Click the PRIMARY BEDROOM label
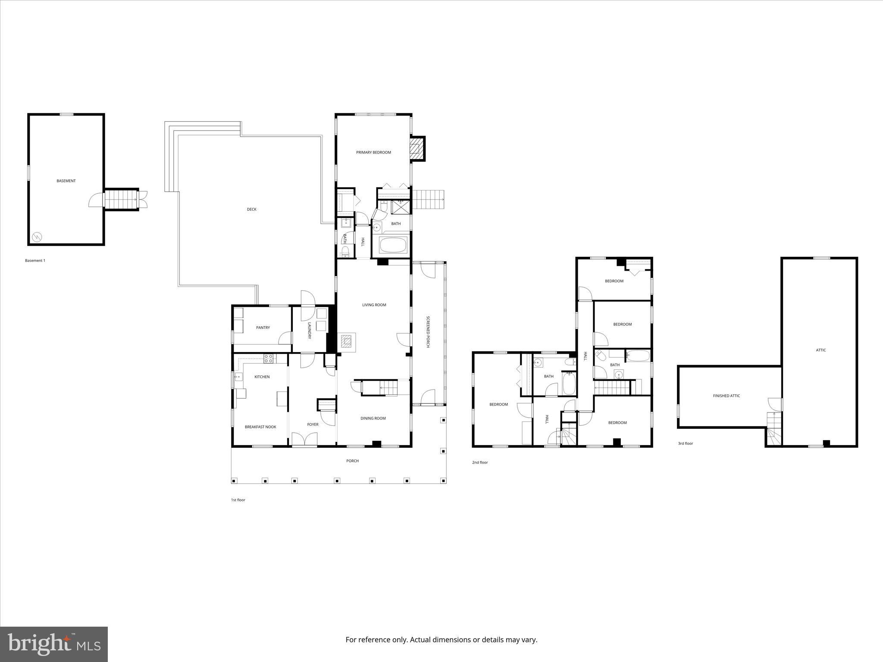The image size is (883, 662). tap(373, 152)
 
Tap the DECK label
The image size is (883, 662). tap(251, 209)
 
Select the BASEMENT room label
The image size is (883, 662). tap(66, 181)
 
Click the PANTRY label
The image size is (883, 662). tap(263, 328)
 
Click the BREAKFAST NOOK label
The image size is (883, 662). tap(260, 427)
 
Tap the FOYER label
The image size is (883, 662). tap(313, 425)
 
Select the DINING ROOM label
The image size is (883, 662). tap(373, 418)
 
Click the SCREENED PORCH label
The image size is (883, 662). tap(428, 332)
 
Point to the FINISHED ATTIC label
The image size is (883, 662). tap(726, 396)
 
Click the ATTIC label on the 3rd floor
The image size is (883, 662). tap(821, 350)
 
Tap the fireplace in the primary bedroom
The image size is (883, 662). tap(415, 148)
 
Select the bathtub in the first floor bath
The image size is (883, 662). tap(392, 246)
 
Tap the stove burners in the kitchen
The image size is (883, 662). tap(268, 357)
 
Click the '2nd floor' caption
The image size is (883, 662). tap(480, 462)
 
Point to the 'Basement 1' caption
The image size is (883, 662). tap(35, 260)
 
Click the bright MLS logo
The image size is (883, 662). tap(54, 643)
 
